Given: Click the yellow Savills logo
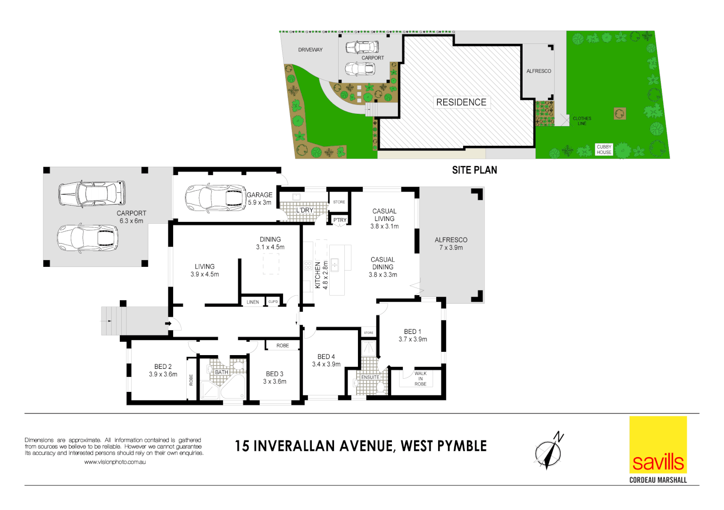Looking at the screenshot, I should point(658,444).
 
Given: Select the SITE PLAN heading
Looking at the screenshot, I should point(474,170).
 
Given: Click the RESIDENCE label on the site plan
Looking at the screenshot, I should point(461,102).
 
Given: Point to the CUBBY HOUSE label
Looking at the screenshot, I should point(604,150).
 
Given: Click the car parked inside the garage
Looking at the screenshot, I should point(215,197).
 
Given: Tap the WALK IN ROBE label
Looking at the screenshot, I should point(420,379).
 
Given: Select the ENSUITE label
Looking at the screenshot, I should point(370,377).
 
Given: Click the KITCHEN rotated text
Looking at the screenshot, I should point(318,275).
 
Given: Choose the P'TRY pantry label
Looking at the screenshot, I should point(340,220).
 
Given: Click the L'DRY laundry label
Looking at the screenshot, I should point(305,210).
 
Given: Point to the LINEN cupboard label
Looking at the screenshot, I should point(253,302).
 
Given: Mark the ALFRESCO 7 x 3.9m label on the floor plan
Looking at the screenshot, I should point(451,244).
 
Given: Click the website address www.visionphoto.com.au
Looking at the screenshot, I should point(115,462).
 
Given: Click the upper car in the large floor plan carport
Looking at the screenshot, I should point(92,194).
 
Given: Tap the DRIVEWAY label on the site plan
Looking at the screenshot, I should point(310,50).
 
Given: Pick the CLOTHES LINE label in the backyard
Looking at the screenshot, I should point(582,121).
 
